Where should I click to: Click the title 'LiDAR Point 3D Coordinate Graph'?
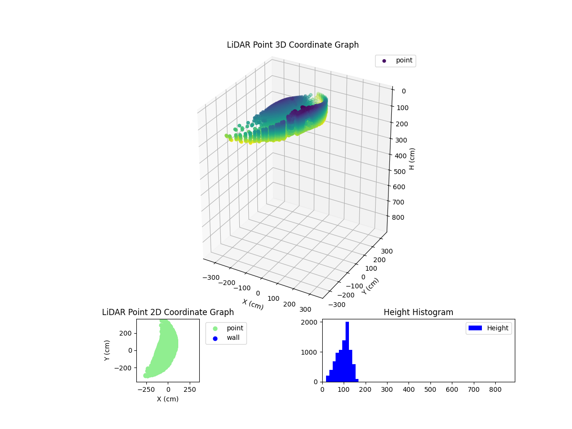[x=293, y=45]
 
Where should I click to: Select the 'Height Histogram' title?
[x=418, y=312]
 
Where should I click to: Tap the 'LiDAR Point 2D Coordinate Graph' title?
[x=168, y=312]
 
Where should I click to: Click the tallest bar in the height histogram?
[x=347, y=352]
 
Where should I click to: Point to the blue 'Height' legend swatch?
[x=475, y=328]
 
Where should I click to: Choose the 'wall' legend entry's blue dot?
[x=215, y=338]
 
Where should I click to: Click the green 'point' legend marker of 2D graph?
[x=215, y=328]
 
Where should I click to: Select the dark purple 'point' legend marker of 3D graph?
[x=384, y=61]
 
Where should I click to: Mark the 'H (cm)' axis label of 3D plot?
[x=412, y=159]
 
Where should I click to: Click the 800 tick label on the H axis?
[x=401, y=217]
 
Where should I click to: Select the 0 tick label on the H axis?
[x=403, y=92]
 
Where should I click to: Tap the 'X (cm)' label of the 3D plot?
[x=253, y=304]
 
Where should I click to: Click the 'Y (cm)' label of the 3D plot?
[x=370, y=286]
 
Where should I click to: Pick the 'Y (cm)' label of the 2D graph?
[x=108, y=350]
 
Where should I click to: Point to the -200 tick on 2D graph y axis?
[x=126, y=368]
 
